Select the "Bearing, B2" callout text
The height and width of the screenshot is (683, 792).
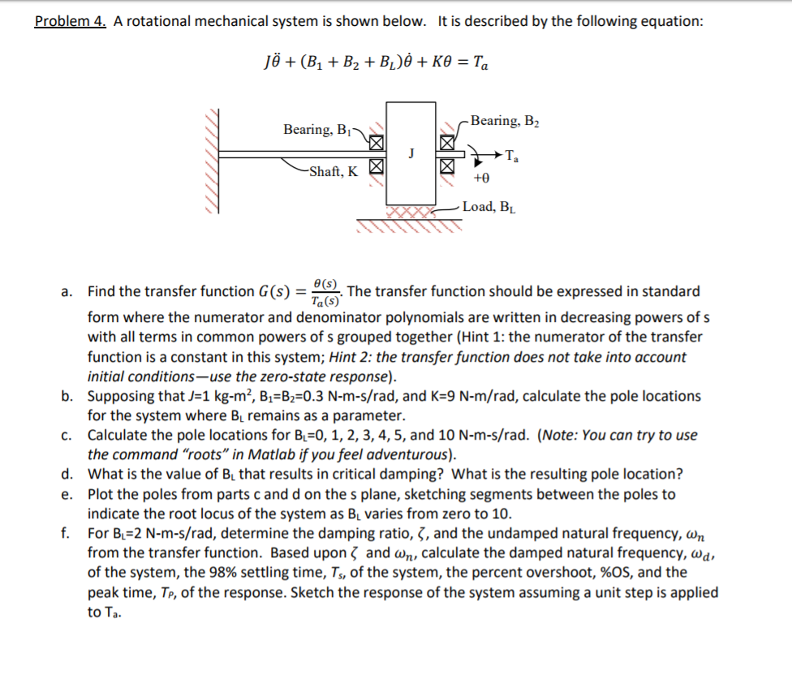pyautogui.click(x=504, y=121)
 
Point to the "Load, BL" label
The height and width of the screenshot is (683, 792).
pyautogui.click(x=490, y=207)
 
